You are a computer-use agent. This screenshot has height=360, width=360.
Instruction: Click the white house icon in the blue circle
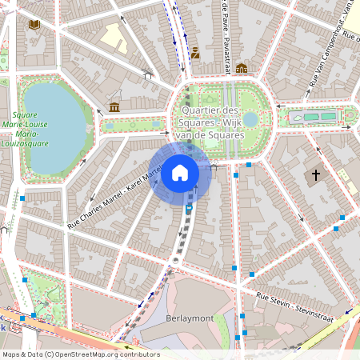[180, 173]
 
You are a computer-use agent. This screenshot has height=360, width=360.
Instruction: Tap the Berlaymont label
[190, 318]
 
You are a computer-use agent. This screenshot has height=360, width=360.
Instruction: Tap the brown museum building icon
[114, 107]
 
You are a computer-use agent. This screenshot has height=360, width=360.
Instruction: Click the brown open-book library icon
[34, 25]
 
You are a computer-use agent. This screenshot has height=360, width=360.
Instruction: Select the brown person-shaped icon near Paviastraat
[195, 54]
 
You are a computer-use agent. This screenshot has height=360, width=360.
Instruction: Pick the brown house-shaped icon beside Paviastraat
[241, 69]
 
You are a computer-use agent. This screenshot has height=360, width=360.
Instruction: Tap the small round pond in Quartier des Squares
[250, 119]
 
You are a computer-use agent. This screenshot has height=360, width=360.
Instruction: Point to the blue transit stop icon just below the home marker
[189, 208]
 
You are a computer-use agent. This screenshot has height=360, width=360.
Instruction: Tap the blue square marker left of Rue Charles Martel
[23, 198]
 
